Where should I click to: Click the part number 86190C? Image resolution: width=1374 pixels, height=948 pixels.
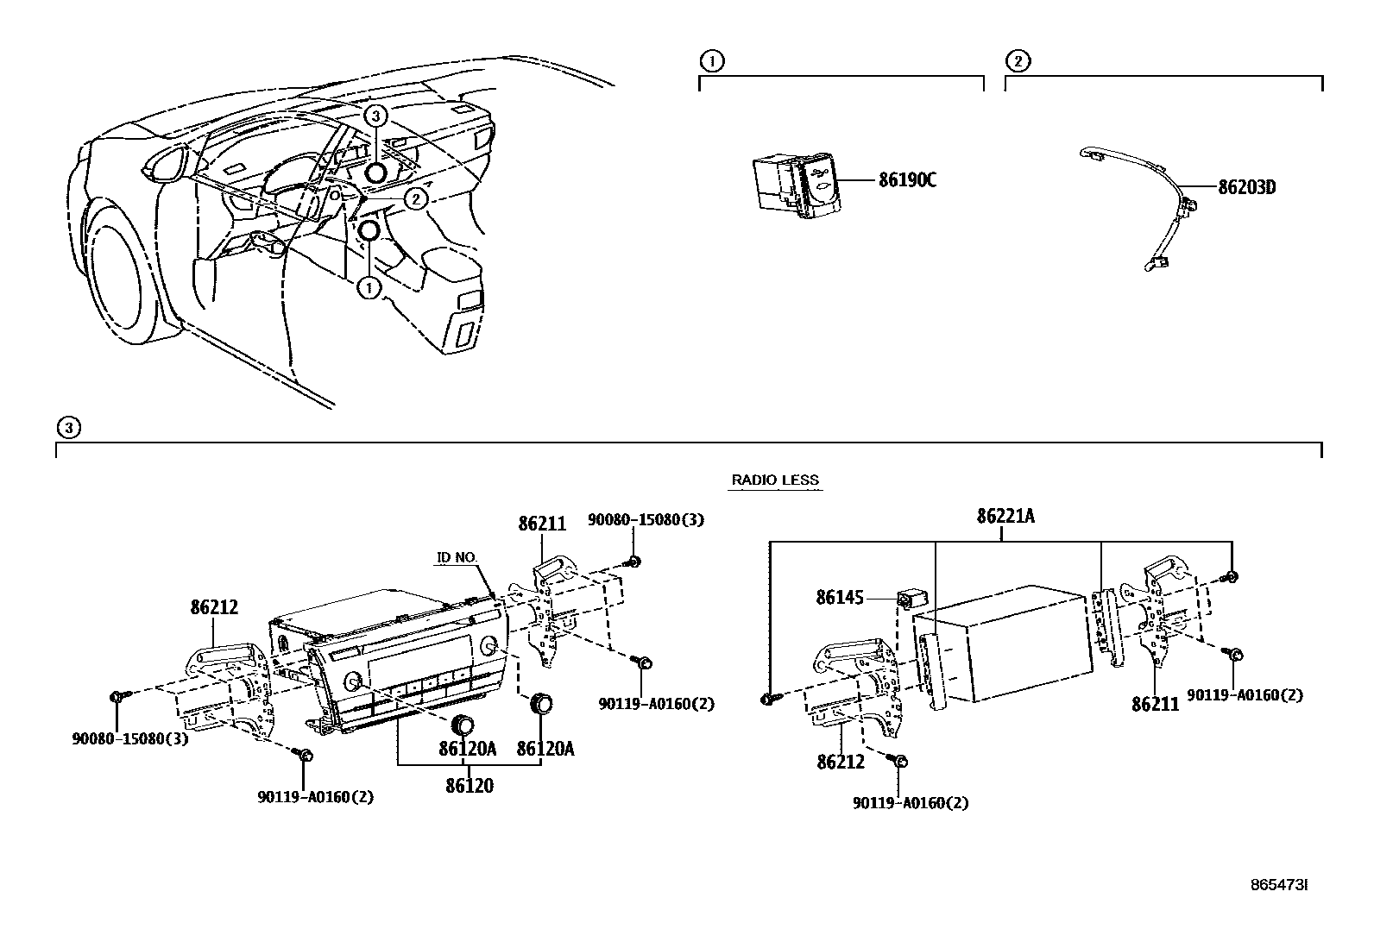click(x=907, y=180)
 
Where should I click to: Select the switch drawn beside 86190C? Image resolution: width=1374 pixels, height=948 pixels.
click(x=795, y=185)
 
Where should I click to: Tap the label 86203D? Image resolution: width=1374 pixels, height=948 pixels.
click(x=1246, y=186)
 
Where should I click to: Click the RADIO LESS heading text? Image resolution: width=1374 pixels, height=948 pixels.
click(x=775, y=480)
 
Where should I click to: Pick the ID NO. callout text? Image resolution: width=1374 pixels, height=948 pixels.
click(x=457, y=558)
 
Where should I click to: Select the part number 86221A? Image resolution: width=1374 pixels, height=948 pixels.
click(x=1005, y=516)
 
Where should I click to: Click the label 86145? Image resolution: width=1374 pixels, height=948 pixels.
click(x=840, y=597)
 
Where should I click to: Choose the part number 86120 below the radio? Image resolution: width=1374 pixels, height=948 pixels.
click(x=470, y=785)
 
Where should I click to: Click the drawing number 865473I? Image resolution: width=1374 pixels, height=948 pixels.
click(x=1279, y=885)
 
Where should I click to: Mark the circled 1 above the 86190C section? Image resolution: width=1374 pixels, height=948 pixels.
click(x=711, y=61)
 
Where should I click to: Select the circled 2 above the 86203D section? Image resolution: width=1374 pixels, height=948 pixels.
click(x=1018, y=61)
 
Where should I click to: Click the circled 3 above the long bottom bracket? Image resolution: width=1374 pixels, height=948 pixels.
click(x=68, y=427)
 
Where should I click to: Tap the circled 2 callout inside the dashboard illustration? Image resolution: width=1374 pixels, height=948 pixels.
click(x=416, y=199)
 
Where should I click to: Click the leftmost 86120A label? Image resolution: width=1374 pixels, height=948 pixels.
click(x=468, y=750)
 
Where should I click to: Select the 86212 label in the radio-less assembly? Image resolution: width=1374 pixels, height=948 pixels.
click(x=841, y=762)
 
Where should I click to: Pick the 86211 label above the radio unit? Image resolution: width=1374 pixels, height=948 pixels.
click(x=542, y=524)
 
